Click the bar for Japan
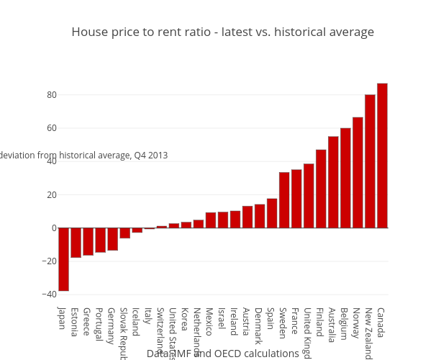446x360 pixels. point(63,259)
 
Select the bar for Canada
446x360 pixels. point(382,156)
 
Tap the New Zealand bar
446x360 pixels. point(370,161)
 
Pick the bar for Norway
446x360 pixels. point(358,173)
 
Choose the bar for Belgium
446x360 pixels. point(345,178)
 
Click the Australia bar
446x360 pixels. point(333,182)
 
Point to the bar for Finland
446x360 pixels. point(321,189)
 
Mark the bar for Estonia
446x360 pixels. point(76,243)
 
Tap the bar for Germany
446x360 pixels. point(112,239)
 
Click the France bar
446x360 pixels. point(296,199)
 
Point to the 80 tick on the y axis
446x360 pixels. point(52,95)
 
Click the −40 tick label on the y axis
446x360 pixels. point(48,294)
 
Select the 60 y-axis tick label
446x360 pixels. point(52,128)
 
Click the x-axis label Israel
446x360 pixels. point(222,318)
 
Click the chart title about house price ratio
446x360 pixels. point(222,32)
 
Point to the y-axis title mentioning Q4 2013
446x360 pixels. point(83,156)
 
